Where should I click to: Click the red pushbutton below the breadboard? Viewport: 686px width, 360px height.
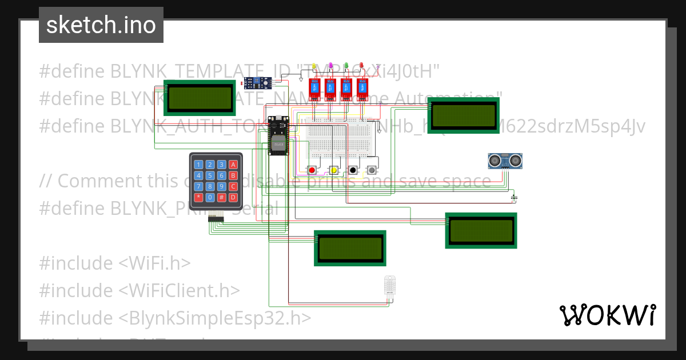click(312, 170)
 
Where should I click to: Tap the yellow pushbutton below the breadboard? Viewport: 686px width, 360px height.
click(333, 170)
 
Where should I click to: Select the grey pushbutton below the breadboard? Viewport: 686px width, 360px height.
click(372, 170)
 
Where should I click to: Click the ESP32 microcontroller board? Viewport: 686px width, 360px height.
click(279, 135)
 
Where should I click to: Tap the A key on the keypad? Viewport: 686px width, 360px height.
click(233, 165)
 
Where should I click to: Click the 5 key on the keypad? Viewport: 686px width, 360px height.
click(210, 175)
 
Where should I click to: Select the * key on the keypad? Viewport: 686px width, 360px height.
click(198, 197)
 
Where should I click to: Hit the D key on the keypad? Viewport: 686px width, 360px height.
click(233, 197)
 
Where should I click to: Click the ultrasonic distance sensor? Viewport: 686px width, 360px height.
click(505, 161)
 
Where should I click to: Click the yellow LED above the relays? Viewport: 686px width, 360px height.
click(314, 66)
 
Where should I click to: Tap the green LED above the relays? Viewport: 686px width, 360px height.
click(346, 66)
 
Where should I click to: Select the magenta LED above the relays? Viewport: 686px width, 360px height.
click(330, 66)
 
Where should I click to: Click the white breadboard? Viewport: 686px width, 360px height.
click(342, 137)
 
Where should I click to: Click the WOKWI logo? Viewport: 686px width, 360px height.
click(607, 315)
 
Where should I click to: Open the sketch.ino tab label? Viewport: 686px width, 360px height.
click(101, 25)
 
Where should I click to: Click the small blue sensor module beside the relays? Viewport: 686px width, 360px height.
click(257, 83)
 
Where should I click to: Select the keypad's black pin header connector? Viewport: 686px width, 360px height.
click(216, 218)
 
